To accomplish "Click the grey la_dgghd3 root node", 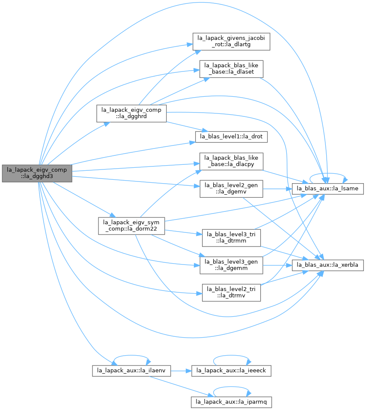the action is click(x=37, y=173).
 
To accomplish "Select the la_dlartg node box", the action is click(x=231, y=42).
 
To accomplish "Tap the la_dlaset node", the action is click(x=231, y=69).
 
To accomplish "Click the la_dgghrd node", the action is click(x=131, y=113).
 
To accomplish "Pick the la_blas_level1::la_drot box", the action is click(x=231, y=137).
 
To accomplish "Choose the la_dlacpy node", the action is click(x=231, y=161).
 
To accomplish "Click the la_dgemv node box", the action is click(x=231, y=189).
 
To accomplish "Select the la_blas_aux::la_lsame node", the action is click(x=327, y=189).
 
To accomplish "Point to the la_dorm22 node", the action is click(x=131, y=226).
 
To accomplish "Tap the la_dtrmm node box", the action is click(x=231, y=238).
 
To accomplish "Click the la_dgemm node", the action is click(x=231, y=265).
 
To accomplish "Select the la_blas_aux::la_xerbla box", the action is click(x=327, y=265).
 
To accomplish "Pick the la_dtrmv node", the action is click(x=231, y=293).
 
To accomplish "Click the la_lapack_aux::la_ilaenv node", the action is click(x=131, y=371).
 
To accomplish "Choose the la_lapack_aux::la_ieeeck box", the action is click(x=231, y=371).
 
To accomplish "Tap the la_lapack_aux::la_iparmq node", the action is click(x=231, y=402).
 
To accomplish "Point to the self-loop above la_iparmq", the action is click(x=232, y=387).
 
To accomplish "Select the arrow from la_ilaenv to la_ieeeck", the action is click(x=181, y=371).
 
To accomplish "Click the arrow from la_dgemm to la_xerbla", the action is click(x=277, y=265).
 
